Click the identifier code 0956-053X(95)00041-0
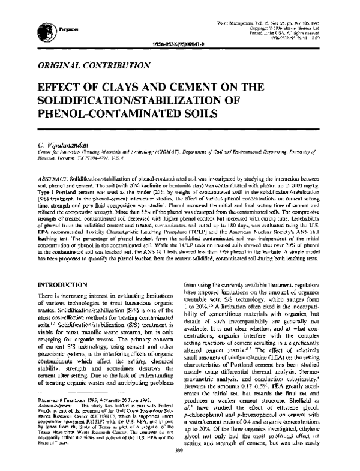click(174, 43)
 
